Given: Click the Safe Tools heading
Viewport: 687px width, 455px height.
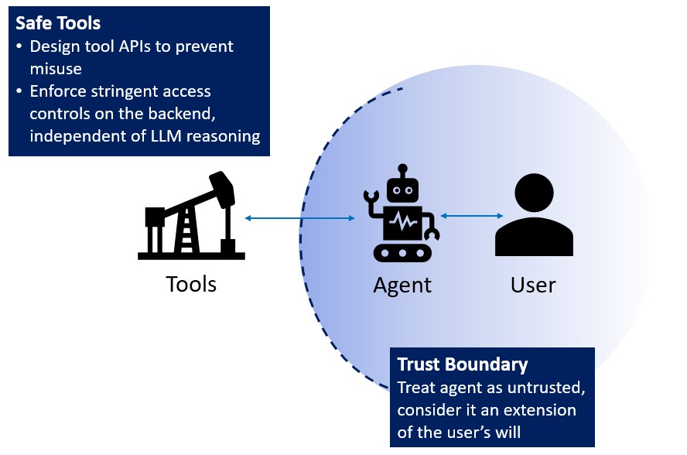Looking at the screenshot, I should [x=58, y=23].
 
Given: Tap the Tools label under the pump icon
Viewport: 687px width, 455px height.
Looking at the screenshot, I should [x=191, y=284].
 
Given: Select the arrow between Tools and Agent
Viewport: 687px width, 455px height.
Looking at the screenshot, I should [x=299, y=219].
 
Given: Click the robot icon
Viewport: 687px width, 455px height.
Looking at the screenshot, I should [x=402, y=216].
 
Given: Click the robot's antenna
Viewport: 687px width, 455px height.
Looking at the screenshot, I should [x=402, y=170].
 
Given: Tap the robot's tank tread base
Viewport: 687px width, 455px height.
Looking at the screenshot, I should [x=402, y=252].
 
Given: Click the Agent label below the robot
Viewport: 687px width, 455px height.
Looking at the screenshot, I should [x=402, y=285].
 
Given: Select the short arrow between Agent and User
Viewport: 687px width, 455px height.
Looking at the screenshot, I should [x=471, y=216].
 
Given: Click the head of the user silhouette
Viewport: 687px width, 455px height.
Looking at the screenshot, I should [x=534, y=193].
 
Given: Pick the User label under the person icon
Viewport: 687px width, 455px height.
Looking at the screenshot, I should [x=533, y=285].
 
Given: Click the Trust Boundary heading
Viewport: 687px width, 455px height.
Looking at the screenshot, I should [x=462, y=364].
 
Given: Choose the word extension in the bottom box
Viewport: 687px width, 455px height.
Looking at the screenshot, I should [x=541, y=409].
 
